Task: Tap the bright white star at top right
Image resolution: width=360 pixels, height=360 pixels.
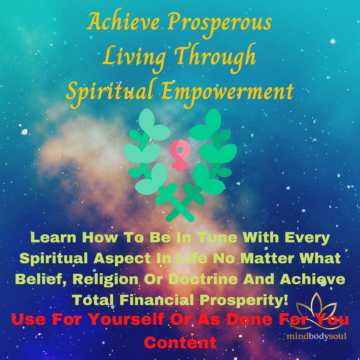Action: pos(332,41)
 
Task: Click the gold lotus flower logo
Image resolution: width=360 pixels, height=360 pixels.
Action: pos(316,311)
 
